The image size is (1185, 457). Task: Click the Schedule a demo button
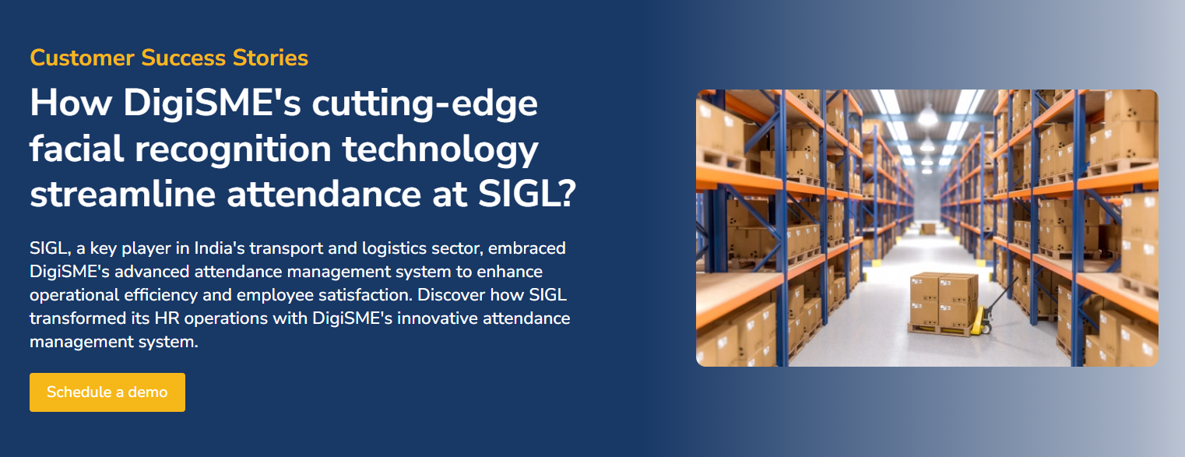[107, 392]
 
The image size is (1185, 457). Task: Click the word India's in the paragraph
[222, 249]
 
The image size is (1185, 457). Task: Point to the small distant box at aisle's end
[927, 228]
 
